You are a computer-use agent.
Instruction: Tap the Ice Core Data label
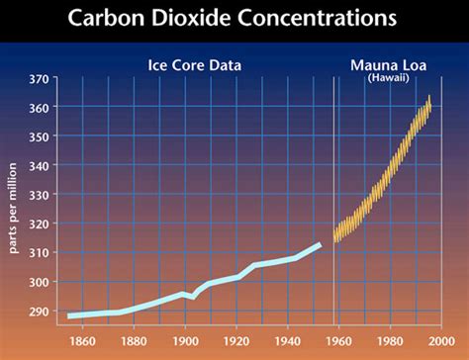(x=195, y=66)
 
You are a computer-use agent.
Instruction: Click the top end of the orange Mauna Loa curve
(x=429, y=98)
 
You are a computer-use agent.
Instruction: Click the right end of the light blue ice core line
(x=319, y=243)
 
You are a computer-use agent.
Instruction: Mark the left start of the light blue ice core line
(x=69, y=315)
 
